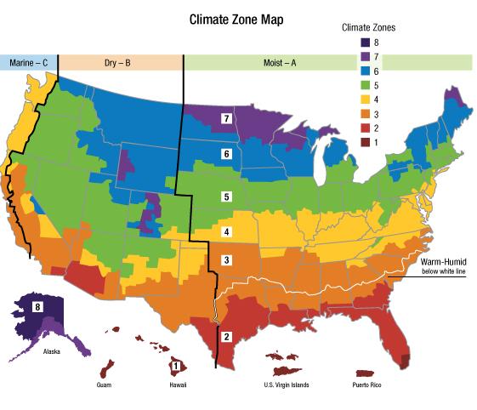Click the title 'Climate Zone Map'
click(236, 18)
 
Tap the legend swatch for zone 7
click(362, 55)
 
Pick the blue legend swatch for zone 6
click(362, 71)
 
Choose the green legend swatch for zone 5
click(362, 86)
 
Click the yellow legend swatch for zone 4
click(362, 101)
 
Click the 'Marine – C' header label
click(27, 63)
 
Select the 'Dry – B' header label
click(119, 63)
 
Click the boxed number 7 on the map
click(226, 117)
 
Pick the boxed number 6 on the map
click(226, 154)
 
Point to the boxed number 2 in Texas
click(225, 335)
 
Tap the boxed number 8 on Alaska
click(37, 306)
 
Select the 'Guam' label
click(106, 384)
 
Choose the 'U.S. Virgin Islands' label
click(281, 384)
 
